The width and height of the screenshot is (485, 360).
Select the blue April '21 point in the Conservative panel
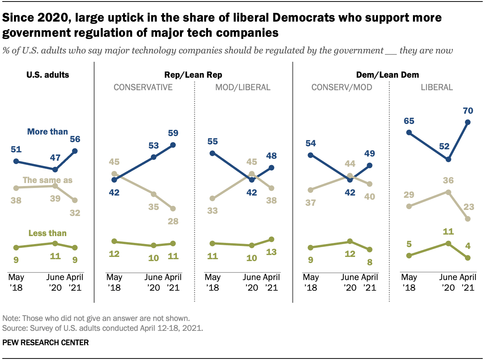173,145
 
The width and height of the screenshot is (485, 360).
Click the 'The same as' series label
47,180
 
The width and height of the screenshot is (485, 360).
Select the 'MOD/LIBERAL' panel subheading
242,88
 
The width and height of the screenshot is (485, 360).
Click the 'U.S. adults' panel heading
47,75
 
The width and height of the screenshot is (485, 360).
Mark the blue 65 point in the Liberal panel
409,133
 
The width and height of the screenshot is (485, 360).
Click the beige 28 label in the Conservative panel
173,221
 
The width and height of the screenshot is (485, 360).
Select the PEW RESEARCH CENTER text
45,343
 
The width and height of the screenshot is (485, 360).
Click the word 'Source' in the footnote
12,328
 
